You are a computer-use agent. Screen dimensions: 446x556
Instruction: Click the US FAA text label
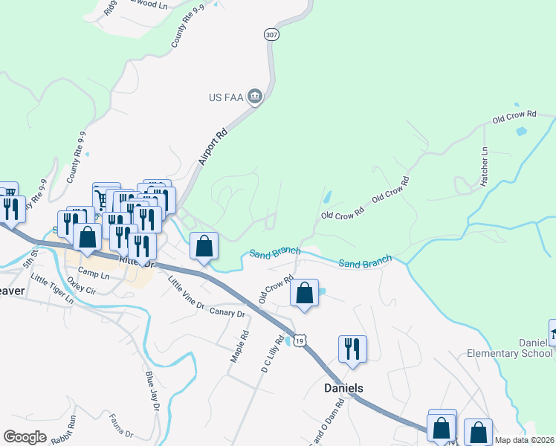pos(226,97)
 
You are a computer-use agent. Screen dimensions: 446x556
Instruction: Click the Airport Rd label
pos(212,144)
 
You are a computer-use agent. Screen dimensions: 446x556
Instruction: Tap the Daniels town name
pos(343,389)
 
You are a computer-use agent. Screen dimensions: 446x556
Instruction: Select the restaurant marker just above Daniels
pos(352,349)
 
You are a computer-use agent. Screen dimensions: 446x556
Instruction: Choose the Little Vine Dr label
pos(186,292)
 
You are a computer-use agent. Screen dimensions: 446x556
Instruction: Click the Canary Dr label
pos(227,313)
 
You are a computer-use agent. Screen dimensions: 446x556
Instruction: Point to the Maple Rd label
pos(238,347)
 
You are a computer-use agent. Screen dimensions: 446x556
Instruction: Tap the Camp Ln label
pos(94,274)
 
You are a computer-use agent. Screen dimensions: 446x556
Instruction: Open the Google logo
pos(25,437)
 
